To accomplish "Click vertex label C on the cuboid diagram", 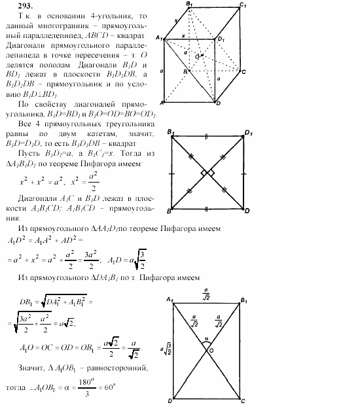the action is click(x=243, y=72).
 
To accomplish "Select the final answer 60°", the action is click(x=107, y=387).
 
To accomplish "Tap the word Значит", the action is click(x=34, y=369).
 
